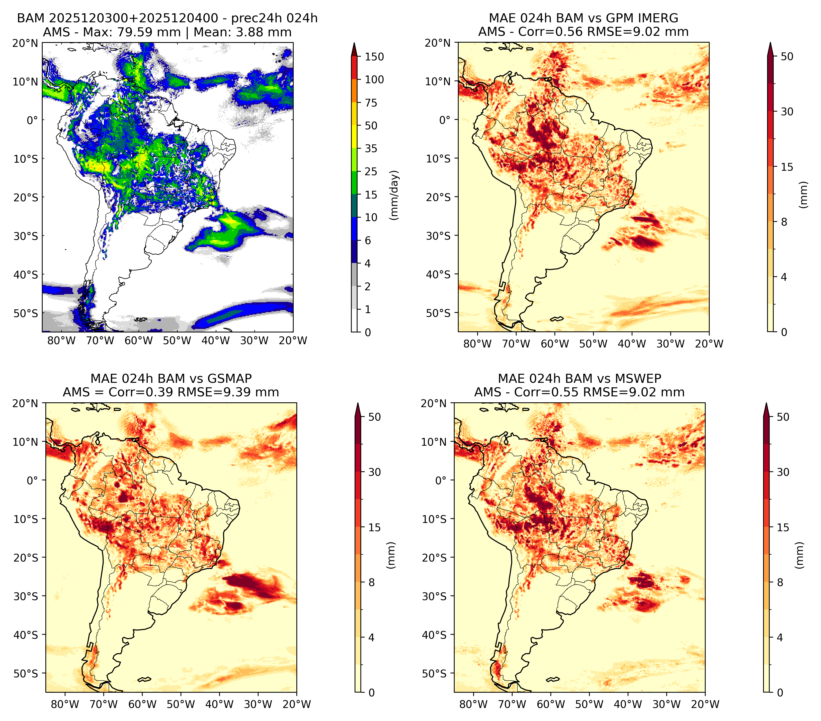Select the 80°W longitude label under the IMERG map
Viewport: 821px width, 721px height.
tap(477, 344)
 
